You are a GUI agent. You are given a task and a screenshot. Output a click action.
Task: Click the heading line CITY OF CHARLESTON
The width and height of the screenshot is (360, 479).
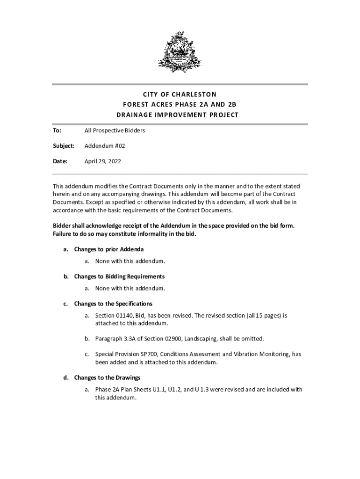pos(180,94)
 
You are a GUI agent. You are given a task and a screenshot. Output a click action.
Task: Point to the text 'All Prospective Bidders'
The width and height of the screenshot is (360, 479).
pos(115,131)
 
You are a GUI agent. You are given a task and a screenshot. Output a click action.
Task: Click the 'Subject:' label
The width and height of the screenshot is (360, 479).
pos(63,146)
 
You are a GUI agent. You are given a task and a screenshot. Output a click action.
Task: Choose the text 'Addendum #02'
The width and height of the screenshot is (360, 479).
pos(105,146)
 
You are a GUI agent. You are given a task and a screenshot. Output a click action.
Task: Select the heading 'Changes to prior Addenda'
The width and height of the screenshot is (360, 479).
pos(108,249)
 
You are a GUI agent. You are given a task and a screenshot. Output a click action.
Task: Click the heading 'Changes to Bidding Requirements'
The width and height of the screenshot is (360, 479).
pos(119,276)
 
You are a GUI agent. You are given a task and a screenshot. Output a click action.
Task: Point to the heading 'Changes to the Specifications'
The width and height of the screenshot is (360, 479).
pos(113,304)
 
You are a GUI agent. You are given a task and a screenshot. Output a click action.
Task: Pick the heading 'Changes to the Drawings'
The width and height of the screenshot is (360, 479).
pos(107,377)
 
